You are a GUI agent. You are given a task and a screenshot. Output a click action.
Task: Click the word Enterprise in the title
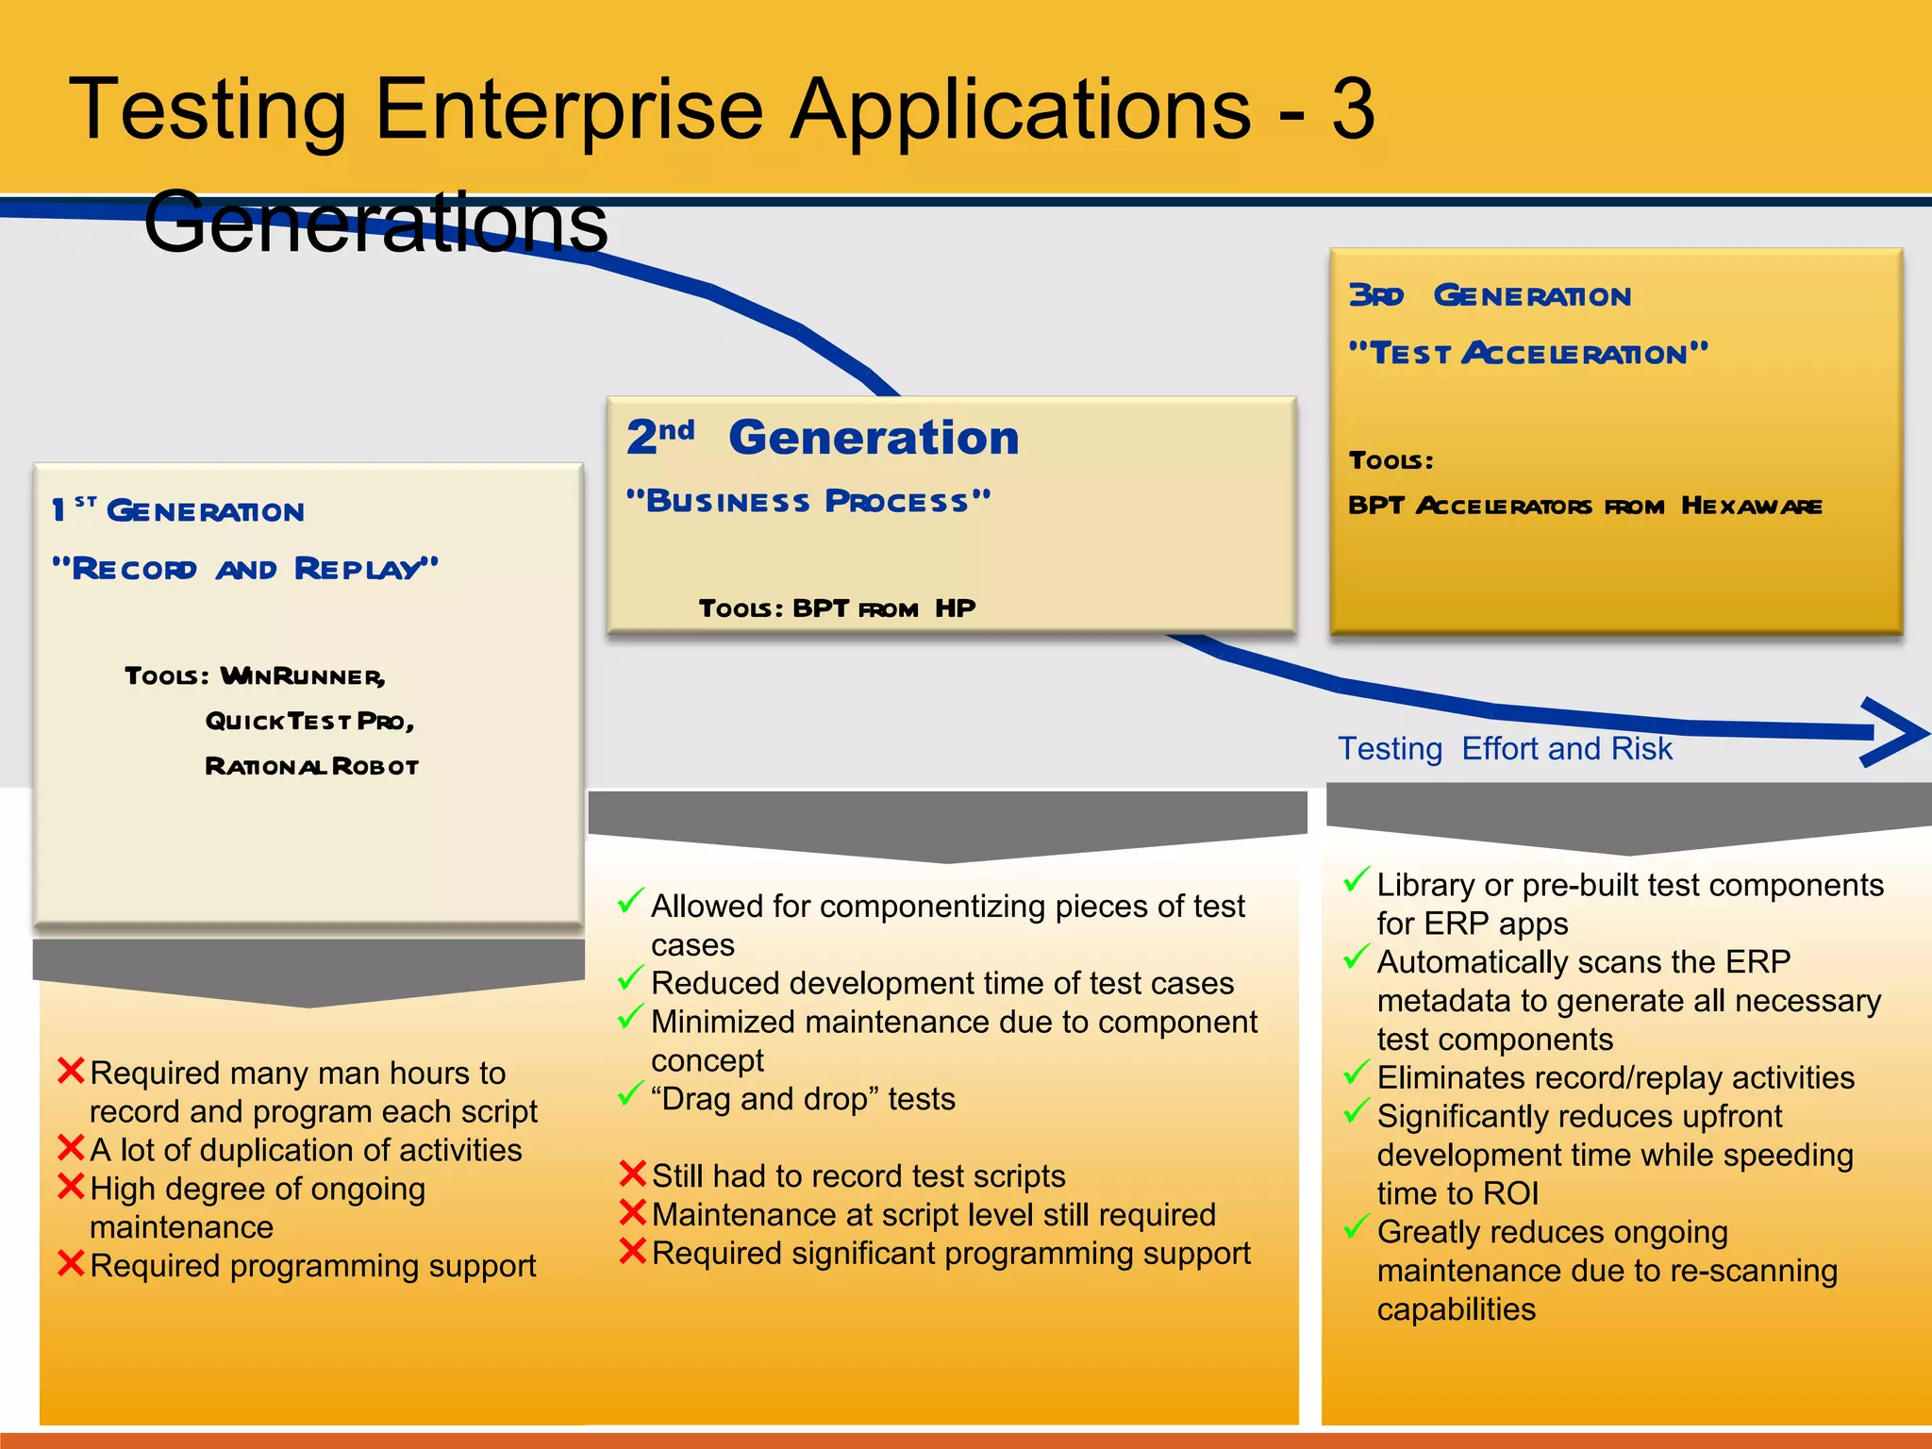569,111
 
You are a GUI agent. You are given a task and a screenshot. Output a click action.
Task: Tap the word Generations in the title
375,222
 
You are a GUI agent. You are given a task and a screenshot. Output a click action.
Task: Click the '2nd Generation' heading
823,438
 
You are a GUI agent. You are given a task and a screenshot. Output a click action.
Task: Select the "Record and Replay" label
245,569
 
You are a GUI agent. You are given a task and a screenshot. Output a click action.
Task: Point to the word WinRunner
302,676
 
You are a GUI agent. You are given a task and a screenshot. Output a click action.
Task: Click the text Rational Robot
311,766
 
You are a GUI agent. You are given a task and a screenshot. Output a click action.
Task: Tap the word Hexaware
1751,507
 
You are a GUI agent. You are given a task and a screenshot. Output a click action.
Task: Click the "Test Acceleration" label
1528,354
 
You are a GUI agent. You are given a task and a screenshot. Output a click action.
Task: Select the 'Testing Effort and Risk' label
1505,749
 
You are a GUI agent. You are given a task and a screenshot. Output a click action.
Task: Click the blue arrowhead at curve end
1896,732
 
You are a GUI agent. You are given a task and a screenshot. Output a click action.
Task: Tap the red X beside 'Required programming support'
71,1262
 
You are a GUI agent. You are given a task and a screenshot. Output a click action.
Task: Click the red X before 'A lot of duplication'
71,1147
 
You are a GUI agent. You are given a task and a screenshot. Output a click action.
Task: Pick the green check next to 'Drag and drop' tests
630,1094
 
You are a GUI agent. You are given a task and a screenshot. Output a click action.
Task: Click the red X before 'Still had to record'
632,1174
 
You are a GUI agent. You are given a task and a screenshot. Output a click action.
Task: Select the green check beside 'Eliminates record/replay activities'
1357,1073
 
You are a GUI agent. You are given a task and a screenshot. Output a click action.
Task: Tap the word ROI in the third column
1510,1194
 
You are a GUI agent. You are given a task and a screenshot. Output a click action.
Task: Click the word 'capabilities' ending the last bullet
1456,1310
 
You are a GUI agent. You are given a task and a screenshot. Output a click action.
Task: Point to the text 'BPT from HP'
883,608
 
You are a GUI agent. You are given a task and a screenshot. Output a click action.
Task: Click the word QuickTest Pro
309,722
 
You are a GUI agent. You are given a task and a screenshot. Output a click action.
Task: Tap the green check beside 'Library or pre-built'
1357,880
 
